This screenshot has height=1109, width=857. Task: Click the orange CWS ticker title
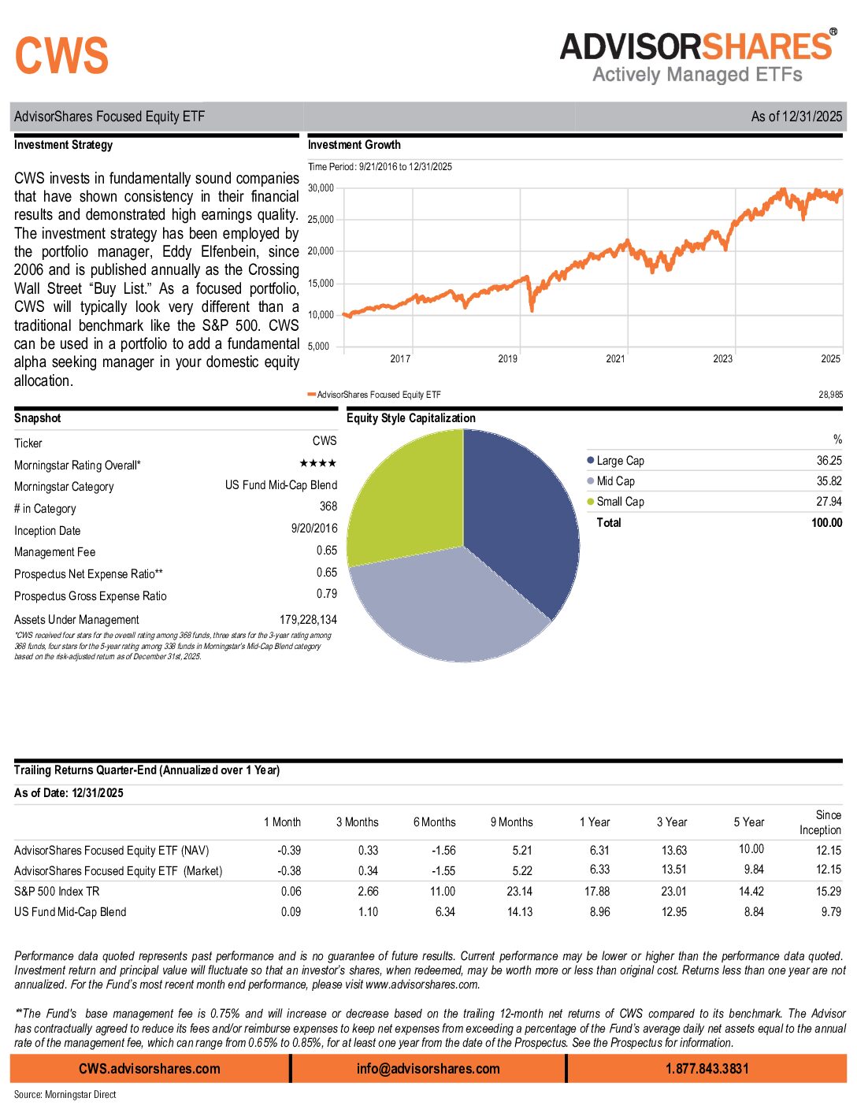61,56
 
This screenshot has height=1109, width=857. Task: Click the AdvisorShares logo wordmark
696,46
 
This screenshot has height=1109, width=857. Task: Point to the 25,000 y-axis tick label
321,220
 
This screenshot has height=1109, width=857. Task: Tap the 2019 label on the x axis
508,359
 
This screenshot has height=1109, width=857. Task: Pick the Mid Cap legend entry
615,481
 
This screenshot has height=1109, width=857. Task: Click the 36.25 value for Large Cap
829,461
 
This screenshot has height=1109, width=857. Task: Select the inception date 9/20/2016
313,529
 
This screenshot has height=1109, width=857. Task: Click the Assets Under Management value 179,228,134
308,620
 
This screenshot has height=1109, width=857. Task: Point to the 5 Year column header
749,822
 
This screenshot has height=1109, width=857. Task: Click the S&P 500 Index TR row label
57,892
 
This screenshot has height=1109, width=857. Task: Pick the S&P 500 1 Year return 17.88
596,892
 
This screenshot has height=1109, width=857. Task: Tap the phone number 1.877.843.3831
707,1069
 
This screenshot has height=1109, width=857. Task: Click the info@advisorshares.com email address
428,1069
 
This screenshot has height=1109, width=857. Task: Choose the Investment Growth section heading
354,145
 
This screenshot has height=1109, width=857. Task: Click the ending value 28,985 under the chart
830,395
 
